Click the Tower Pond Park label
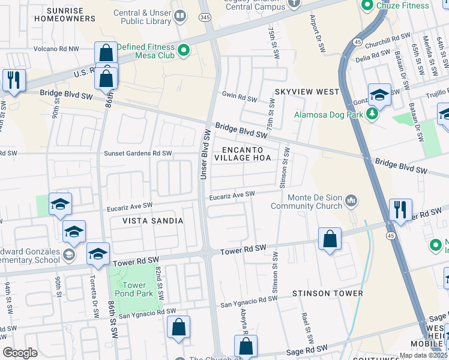pyautogui.click(x=134, y=290)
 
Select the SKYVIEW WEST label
pyautogui.click(x=307, y=92)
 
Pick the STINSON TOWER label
pyautogui.click(x=327, y=293)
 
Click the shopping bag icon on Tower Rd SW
pyautogui.click(x=330, y=239)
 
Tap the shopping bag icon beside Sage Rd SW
pyautogui.click(x=246, y=346)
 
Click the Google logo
pyautogui.click(x=20, y=353)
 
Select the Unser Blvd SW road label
pyautogui.click(x=204, y=153)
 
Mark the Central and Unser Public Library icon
pyautogui.click(x=179, y=16)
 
